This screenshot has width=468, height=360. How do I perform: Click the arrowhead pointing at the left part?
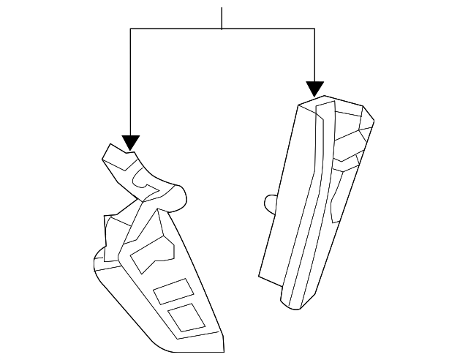point(130,142)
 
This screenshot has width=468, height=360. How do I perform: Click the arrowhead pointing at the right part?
point(314,89)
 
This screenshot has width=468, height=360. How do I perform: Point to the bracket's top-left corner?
point(130,29)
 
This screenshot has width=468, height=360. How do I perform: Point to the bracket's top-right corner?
point(314,29)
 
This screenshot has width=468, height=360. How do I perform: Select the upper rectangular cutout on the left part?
point(171,292)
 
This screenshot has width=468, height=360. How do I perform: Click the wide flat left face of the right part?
point(285,198)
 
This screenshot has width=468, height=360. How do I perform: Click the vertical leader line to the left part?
point(130,80)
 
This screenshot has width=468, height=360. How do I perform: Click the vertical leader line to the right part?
point(314,55)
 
